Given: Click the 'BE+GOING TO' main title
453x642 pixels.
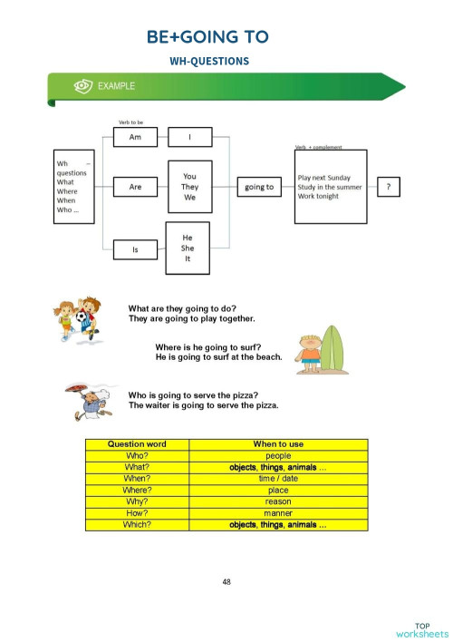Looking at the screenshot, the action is [x=207, y=36].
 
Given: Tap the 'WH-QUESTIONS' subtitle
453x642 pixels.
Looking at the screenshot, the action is [x=208, y=61].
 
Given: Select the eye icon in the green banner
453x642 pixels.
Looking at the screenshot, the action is [x=82, y=86].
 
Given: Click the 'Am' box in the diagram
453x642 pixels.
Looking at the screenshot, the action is [x=136, y=138].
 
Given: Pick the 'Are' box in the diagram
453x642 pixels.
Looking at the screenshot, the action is [x=136, y=187].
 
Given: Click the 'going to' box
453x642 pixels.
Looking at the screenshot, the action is [x=259, y=187].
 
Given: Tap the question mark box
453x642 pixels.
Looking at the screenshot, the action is [x=389, y=187].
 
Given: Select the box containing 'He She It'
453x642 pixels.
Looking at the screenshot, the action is [x=188, y=248].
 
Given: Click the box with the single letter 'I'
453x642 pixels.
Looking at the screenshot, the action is [x=190, y=138].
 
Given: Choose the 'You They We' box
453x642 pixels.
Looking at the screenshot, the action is [x=189, y=187].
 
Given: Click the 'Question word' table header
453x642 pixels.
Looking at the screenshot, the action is [x=137, y=444].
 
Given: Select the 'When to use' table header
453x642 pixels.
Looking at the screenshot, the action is [x=278, y=444].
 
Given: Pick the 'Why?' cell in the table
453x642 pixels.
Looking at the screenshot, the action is [x=137, y=501].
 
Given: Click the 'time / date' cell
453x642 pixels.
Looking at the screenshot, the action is [x=278, y=478].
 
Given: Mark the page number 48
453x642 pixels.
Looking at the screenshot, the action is [x=226, y=581].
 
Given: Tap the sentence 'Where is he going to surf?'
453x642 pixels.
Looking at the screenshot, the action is [x=208, y=347].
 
